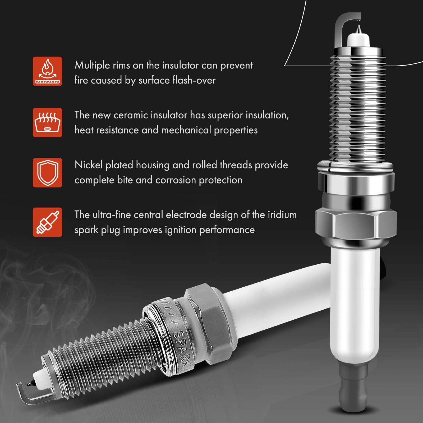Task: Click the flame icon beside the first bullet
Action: click(47, 71)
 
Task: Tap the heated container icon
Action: click(47, 122)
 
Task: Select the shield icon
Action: click(47, 173)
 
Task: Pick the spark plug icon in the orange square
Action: click(47, 222)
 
